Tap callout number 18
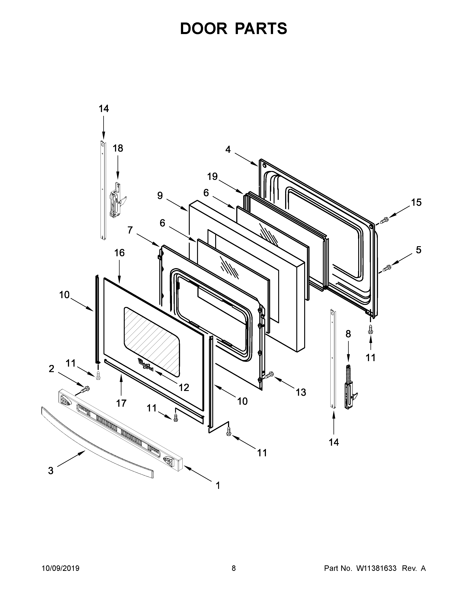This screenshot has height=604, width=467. [x=118, y=148]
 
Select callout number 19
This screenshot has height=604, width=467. [x=212, y=176]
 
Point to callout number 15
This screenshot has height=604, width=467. [x=416, y=202]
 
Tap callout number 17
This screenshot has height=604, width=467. [x=121, y=404]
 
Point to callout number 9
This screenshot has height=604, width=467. [x=160, y=196]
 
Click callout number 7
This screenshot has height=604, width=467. [x=130, y=230]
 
